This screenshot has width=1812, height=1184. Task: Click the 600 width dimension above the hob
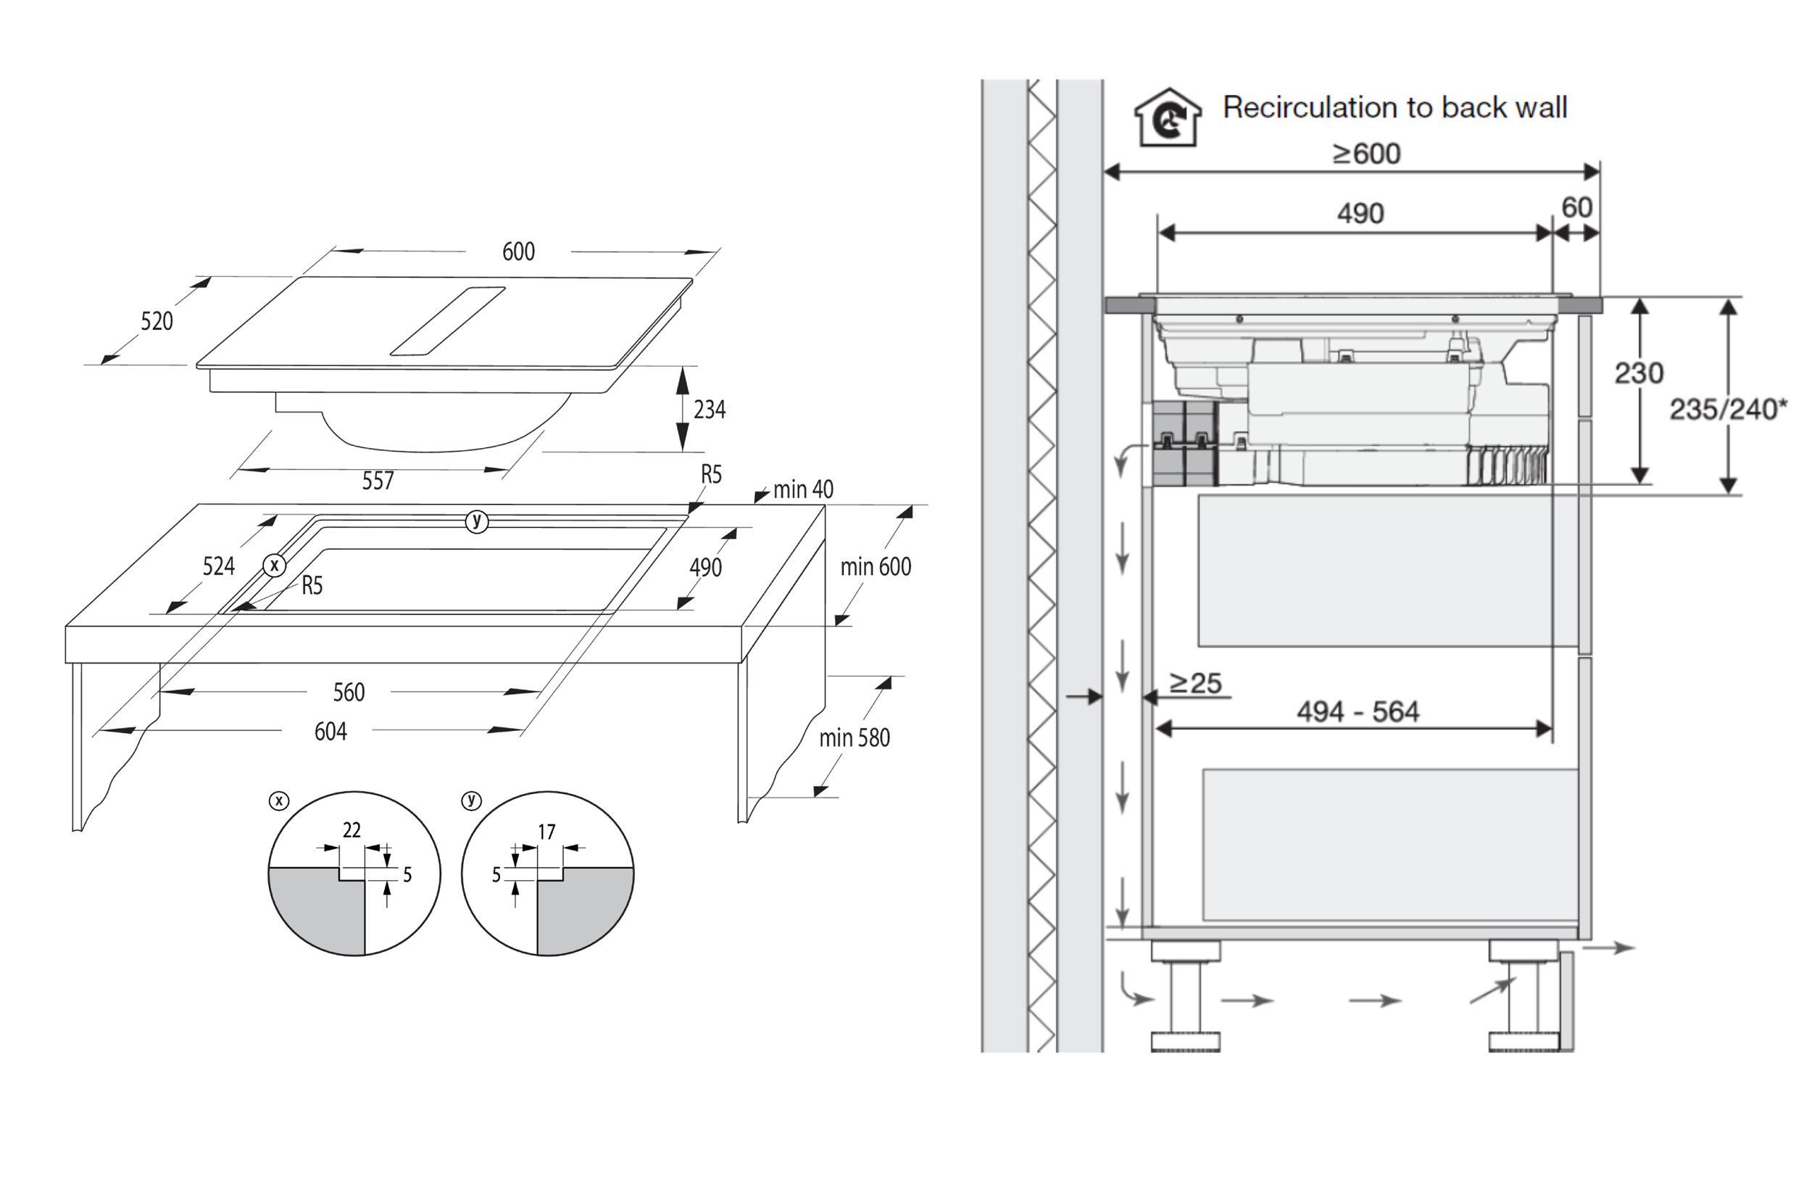pos(518,252)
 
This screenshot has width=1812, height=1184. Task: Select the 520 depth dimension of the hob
pos(157,321)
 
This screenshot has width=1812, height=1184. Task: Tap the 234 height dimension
pos(709,410)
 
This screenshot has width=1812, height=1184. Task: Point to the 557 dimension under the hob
pos(378,481)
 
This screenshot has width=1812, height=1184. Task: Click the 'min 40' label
pos(802,489)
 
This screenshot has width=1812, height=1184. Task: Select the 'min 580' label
pos(855,738)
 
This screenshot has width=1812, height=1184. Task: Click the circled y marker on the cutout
pos(477,521)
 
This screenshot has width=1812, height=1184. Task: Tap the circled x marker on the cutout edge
pos(274,566)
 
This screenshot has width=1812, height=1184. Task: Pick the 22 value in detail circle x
pos(351,830)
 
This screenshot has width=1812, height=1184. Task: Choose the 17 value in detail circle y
pos(546,832)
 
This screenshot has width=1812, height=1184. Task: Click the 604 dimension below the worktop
pos(331,732)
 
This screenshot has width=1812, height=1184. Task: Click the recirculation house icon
pos(1168,118)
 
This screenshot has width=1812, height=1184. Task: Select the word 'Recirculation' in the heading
pos(1308,107)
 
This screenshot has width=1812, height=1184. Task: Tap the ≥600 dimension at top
pos(1367,154)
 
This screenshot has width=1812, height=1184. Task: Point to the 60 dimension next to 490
pos(1576,207)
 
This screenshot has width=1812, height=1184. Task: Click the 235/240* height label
pos(1726,410)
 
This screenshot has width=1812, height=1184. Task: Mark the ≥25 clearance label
pos(1195,683)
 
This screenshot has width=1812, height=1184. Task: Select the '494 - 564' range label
pos(1358,712)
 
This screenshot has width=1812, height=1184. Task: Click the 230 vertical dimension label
pos(1639,373)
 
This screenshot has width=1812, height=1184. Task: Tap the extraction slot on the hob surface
pos(448,320)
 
